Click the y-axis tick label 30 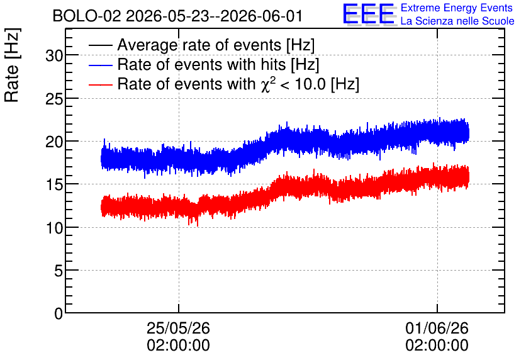click(54, 55)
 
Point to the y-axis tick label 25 click(54, 99)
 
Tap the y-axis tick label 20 click(54, 142)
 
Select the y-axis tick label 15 click(54, 185)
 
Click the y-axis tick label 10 click(54, 228)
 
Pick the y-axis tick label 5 click(59, 271)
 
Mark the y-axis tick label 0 click(59, 314)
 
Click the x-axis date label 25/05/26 click(178, 328)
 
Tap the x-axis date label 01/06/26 click(437, 328)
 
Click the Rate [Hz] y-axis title click(12, 65)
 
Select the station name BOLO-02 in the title click(87, 16)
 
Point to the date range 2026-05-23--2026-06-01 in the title click(214, 16)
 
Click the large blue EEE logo click(369, 14)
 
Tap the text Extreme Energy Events click(457, 8)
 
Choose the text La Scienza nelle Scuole click(457, 21)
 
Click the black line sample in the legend click(100, 45)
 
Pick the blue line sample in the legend click(100, 65)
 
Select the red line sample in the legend click(100, 84)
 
